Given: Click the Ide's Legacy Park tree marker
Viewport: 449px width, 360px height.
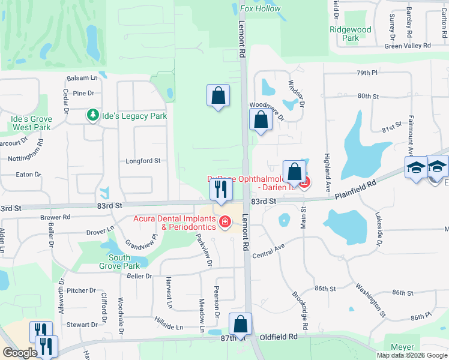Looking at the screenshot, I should (92, 115).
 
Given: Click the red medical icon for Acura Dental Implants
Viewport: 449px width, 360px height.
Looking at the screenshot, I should (225, 223).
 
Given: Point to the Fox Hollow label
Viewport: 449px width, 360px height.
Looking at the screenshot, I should (260, 8).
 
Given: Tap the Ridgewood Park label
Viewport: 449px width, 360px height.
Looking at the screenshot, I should (351, 34).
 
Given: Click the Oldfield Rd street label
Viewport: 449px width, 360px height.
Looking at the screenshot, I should (276, 337).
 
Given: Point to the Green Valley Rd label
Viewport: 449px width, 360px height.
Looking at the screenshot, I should (408, 46).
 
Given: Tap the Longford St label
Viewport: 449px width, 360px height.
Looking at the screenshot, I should (143, 161).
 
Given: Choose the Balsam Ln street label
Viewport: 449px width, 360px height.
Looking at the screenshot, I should (82, 79).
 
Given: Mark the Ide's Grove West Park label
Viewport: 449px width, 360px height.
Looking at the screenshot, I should (31, 123).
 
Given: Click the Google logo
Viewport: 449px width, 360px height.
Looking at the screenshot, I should (20, 353).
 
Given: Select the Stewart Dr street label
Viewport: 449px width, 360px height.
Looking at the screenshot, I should (82, 325).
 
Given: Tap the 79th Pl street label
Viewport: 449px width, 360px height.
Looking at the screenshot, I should (366, 73).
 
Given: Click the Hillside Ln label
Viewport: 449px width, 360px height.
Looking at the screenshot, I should (169, 324).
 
